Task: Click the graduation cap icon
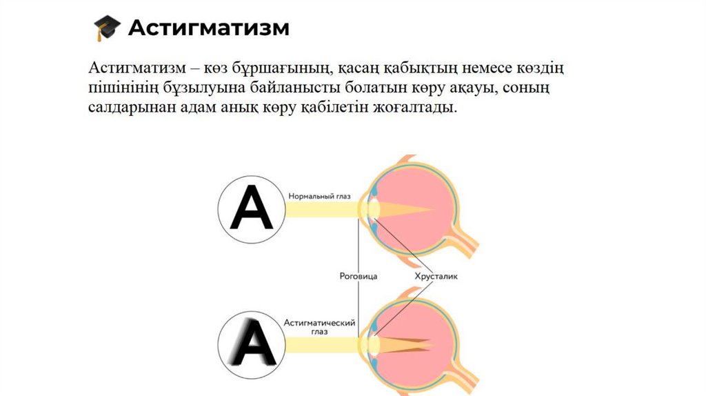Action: point(106,28)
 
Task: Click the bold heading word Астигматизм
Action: point(209,28)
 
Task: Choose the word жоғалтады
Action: point(418,108)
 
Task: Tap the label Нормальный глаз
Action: point(320,197)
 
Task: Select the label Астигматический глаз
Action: point(319,326)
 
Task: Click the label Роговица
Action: point(359,276)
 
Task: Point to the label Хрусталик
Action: point(436,276)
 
